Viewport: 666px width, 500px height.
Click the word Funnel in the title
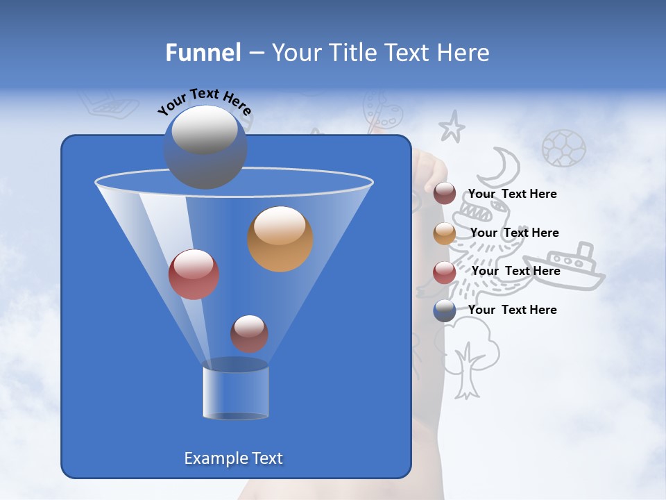[x=203, y=53]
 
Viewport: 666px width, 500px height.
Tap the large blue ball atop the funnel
[x=205, y=147]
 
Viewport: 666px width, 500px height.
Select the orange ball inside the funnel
[x=280, y=239]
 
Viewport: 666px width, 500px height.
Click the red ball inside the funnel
[x=194, y=274]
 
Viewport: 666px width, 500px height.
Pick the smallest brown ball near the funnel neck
[x=249, y=333]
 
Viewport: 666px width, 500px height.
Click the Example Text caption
[x=234, y=458]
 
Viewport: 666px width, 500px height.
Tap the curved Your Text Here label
[x=205, y=101]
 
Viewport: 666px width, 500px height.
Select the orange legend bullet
[x=445, y=233]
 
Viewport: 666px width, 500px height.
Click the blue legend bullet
[x=445, y=310]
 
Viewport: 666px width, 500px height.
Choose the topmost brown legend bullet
[x=445, y=194]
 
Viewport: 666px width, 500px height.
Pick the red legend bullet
[x=445, y=272]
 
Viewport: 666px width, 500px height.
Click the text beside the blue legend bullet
[x=513, y=310]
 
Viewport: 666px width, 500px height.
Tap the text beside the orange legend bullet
[x=515, y=233]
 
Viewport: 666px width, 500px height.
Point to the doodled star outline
[x=452, y=127]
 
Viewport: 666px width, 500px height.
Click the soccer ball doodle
[x=563, y=148]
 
